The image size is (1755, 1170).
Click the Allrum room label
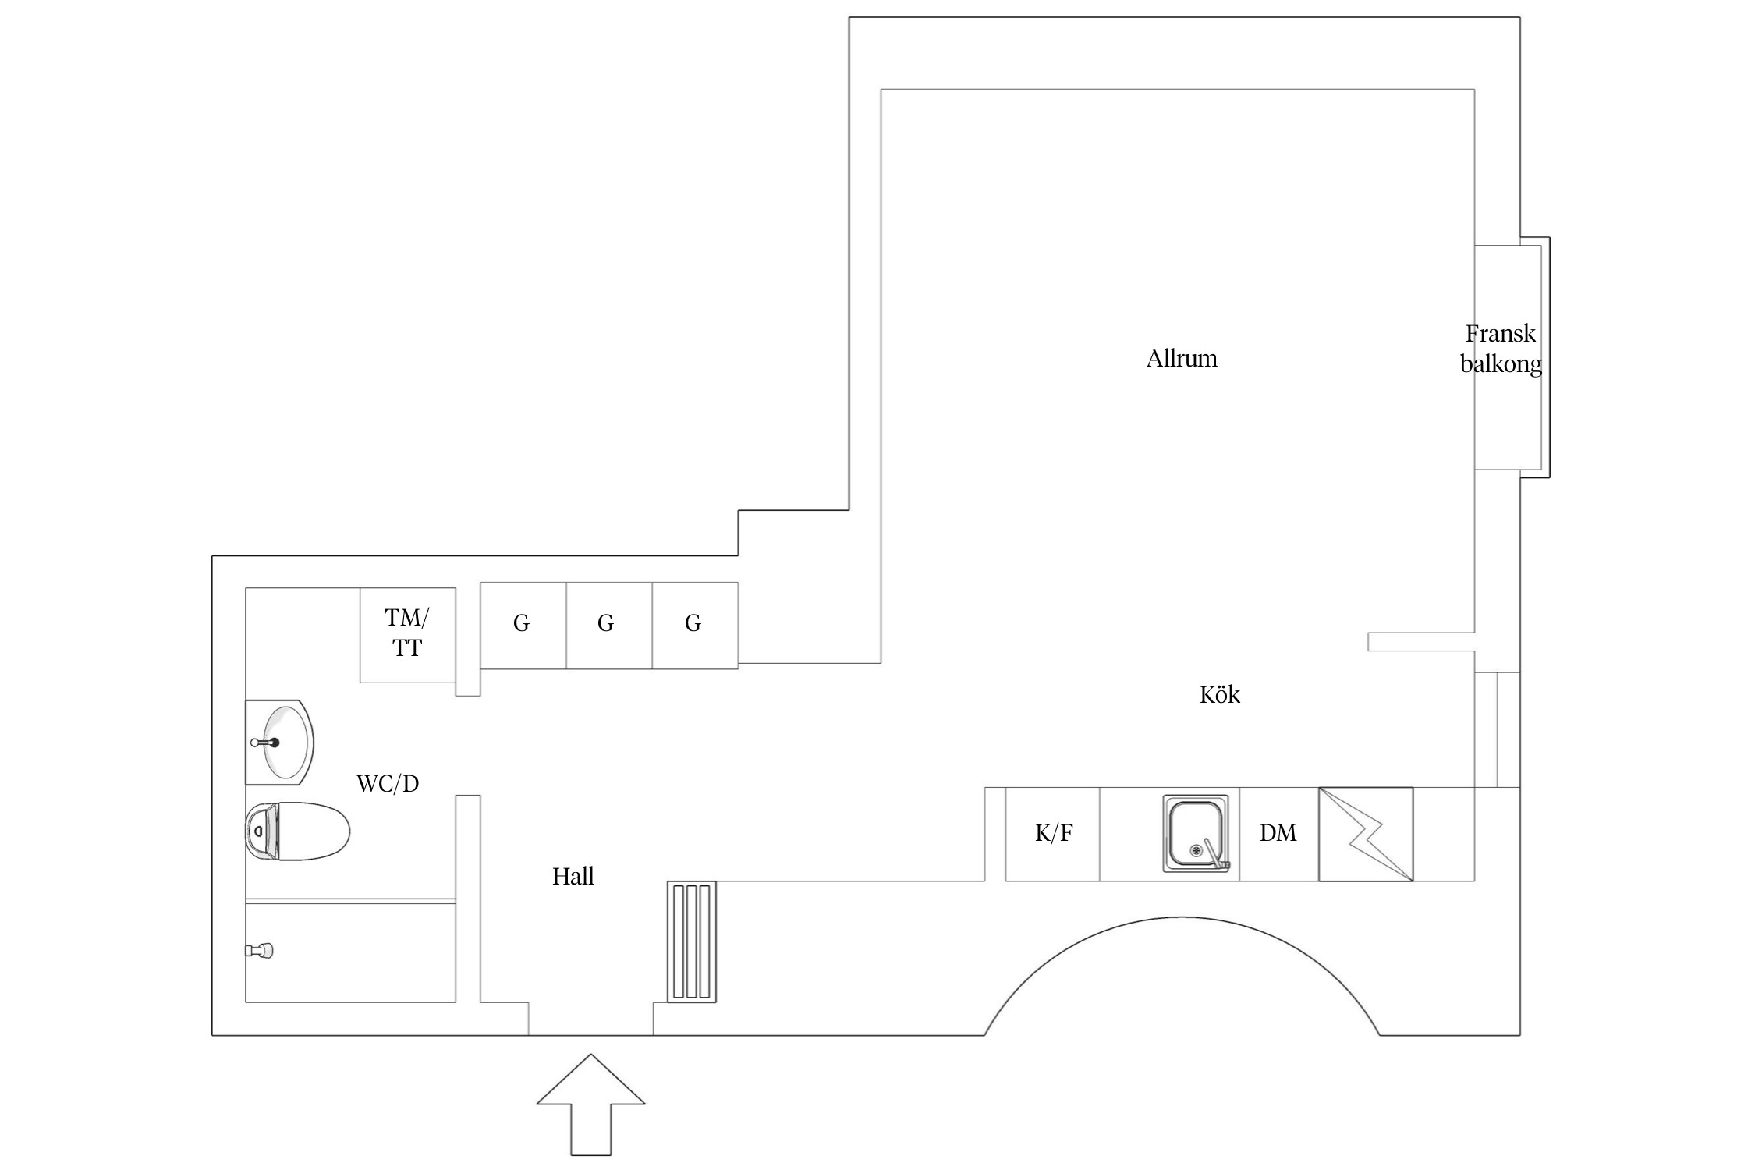[x=1181, y=359]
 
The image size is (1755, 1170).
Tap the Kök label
[x=1219, y=695]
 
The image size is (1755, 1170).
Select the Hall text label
[x=573, y=877]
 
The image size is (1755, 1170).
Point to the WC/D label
[x=388, y=784]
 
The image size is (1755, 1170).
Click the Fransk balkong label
[x=1500, y=349]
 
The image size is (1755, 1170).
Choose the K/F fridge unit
[x=1053, y=834]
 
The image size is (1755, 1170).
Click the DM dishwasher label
[x=1278, y=833]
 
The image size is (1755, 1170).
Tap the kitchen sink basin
[x=1193, y=831]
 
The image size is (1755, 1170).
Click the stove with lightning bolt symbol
[x=1365, y=834]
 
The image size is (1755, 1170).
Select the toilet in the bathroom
[x=297, y=831]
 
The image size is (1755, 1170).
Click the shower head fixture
[x=260, y=950]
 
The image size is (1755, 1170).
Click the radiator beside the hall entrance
[x=692, y=941]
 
